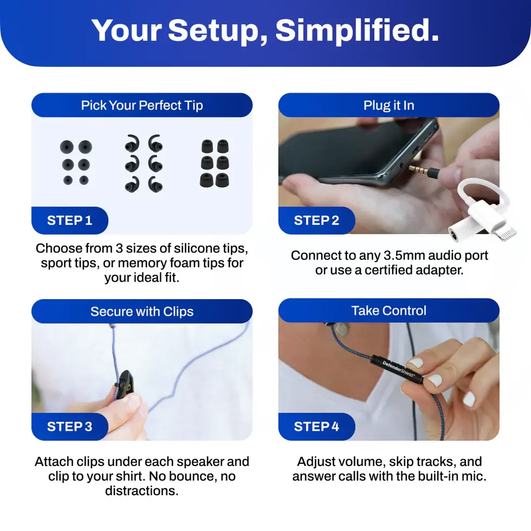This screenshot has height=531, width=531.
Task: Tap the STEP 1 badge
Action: pyautogui.click(x=69, y=221)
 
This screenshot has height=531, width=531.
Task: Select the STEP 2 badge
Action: pyautogui.click(x=316, y=221)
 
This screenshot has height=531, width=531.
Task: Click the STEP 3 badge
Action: pyautogui.click(x=69, y=426)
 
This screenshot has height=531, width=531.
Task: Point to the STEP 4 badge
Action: pyautogui.click(x=316, y=426)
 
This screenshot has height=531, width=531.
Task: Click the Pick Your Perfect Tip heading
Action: pyautogui.click(x=142, y=105)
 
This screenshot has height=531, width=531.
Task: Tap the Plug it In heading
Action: pyautogui.click(x=388, y=105)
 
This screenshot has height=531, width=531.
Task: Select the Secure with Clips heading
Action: pyautogui.click(x=142, y=312)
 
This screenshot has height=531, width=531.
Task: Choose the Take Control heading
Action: pyautogui.click(x=388, y=311)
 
